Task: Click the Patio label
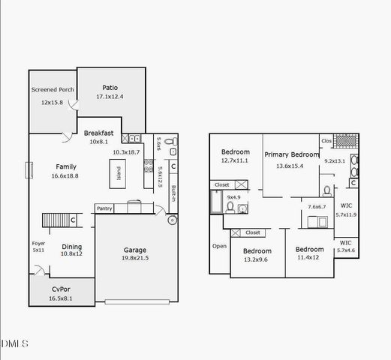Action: coord(110,88)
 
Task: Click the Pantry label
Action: coord(104,208)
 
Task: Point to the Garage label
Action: coord(134,250)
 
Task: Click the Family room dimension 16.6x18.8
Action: coord(65,175)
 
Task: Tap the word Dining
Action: coord(71,247)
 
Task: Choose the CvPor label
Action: coord(62,289)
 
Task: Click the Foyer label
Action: coord(38,243)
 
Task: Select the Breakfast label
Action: coord(98,133)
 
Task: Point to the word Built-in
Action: coord(173,193)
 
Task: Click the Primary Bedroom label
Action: coord(292,155)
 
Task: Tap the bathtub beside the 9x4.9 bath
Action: coord(216,201)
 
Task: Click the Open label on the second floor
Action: coord(219,246)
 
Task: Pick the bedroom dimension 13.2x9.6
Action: coord(257,259)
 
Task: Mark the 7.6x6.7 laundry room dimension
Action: coord(317,206)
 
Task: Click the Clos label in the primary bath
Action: coord(326,140)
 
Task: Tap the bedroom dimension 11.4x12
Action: coord(308,257)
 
